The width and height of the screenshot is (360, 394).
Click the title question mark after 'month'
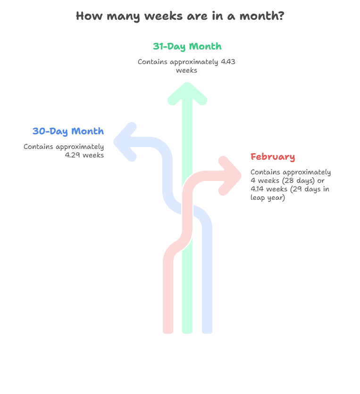(281, 16)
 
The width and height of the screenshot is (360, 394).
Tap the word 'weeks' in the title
(163, 16)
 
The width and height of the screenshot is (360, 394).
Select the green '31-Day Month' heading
(187, 47)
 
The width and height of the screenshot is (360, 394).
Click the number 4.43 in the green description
(228, 62)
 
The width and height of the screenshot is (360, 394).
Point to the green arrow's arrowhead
(187, 93)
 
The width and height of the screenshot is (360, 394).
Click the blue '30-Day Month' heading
(68, 131)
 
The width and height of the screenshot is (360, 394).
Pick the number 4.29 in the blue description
(73, 155)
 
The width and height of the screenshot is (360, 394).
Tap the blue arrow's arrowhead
(125, 142)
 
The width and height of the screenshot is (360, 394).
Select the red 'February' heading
(273, 157)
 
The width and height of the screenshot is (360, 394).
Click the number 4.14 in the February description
(258, 189)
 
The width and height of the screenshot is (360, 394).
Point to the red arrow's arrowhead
(230, 176)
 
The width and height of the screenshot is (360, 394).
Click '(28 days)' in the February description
(302, 181)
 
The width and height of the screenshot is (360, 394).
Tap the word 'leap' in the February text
(258, 198)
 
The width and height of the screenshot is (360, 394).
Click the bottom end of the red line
(168, 333)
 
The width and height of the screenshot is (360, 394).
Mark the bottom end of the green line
(187, 333)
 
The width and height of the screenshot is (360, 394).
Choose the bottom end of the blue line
(207, 333)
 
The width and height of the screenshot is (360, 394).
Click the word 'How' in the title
(89, 16)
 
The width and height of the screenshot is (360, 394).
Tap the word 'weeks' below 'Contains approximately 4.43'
(186, 70)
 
